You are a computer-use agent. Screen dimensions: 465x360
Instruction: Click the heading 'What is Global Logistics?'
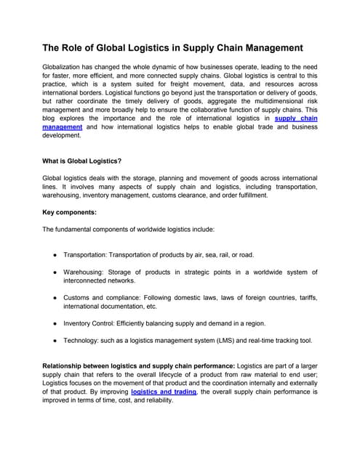click(x=82, y=161)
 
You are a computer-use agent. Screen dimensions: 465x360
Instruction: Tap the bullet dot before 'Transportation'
click(x=55, y=255)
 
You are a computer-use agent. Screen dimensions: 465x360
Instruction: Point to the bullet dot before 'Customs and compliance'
click(x=55, y=297)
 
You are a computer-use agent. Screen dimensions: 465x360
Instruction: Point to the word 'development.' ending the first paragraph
click(x=63, y=134)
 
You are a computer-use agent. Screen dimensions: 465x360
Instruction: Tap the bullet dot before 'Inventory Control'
click(x=55, y=323)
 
